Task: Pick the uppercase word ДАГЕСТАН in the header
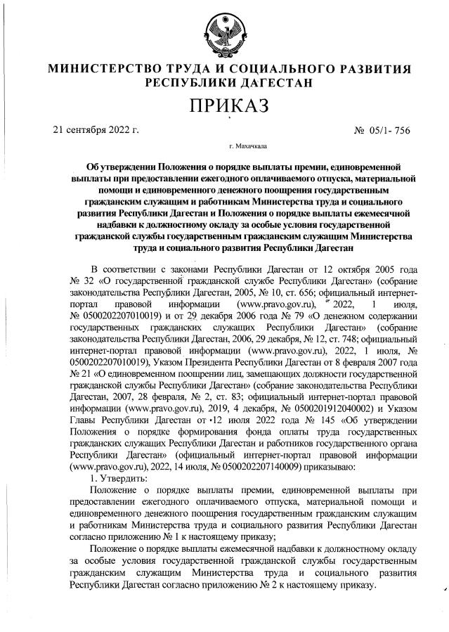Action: click(275, 83)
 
